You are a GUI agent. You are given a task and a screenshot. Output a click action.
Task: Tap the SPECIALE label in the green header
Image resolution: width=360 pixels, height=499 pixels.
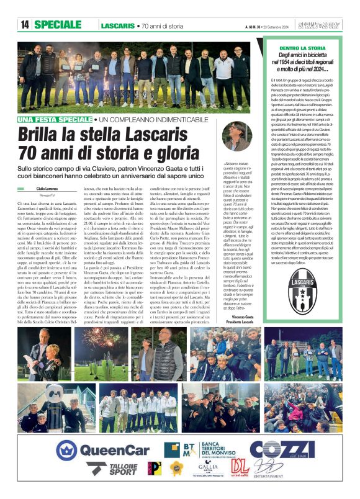coord(61,25)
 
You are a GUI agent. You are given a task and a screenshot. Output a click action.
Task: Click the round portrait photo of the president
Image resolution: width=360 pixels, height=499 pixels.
coord(240,135)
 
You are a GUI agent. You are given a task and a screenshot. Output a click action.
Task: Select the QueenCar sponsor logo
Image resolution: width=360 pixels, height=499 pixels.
coord(102,450)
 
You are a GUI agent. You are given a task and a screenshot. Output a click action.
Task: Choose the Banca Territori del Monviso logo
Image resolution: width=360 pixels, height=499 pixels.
coord(194,449)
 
